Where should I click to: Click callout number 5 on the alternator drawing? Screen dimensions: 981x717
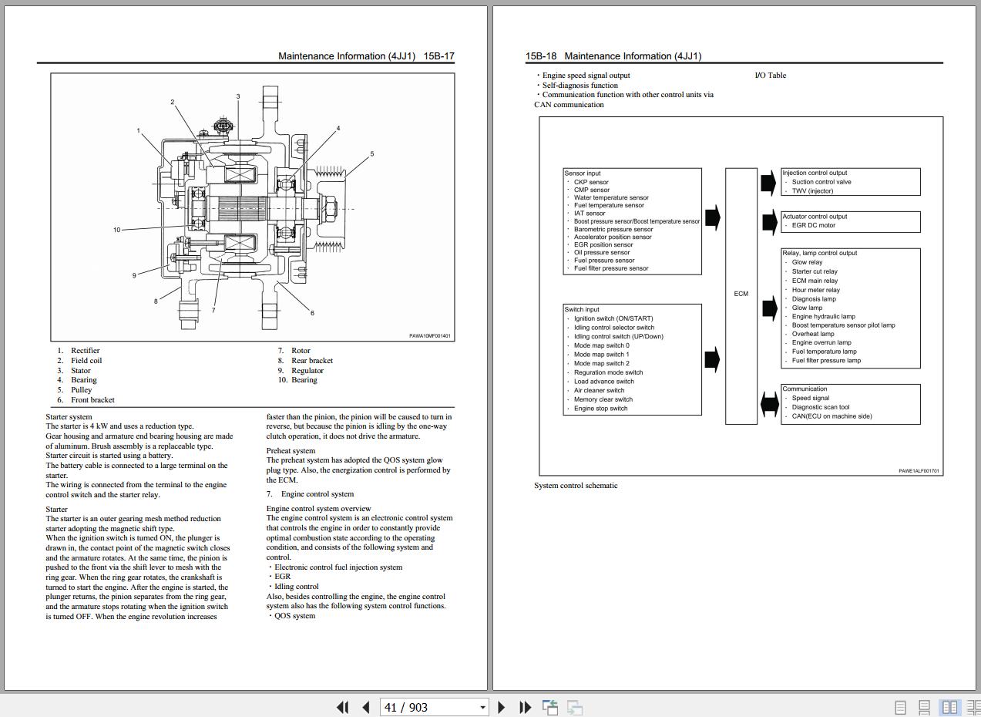[x=371, y=154]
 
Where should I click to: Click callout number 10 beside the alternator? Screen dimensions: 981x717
[x=116, y=230]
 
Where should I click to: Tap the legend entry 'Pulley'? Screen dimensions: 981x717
[x=82, y=389]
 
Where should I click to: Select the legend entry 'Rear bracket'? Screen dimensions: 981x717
[x=312, y=360]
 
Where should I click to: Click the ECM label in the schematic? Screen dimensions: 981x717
[x=741, y=294]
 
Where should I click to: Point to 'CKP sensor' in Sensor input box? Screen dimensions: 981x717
[x=591, y=182]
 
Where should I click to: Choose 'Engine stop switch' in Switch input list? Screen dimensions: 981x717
[x=600, y=409]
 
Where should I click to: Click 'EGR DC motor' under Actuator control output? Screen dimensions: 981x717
[x=813, y=225]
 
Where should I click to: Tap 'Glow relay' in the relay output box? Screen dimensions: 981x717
[x=807, y=262]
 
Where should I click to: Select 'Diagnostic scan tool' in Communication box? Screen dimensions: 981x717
[x=820, y=407]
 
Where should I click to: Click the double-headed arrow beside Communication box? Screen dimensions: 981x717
[x=770, y=404]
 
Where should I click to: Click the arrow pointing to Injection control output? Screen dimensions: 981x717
[x=768, y=182]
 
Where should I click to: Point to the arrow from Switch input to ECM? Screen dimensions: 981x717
[x=713, y=360]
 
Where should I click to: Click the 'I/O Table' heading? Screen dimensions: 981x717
[x=771, y=76]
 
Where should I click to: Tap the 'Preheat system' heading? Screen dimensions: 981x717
[x=291, y=450]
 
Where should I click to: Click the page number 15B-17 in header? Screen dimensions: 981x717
[x=438, y=56]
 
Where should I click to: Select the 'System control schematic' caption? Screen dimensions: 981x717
[x=576, y=486]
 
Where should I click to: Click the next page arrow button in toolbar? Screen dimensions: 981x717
[x=502, y=707]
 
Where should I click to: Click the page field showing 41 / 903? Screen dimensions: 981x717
[x=434, y=707]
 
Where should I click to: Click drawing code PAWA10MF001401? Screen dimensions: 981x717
[x=430, y=336]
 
